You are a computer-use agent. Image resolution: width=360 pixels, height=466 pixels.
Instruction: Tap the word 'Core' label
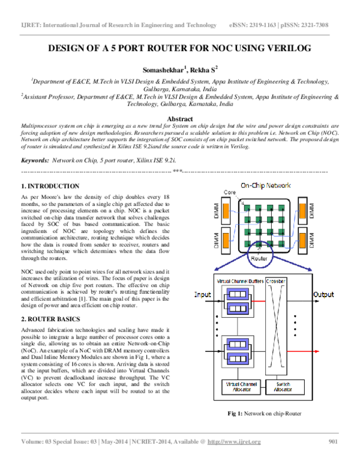(x=230, y=192)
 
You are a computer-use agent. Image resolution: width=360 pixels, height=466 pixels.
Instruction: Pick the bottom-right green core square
(x=281, y=244)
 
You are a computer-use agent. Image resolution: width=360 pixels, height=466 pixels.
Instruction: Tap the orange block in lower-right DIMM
(x=303, y=240)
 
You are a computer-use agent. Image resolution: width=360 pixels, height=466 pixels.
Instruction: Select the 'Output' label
(x=324, y=295)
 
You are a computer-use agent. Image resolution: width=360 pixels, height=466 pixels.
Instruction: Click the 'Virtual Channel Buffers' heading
(x=238, y=281)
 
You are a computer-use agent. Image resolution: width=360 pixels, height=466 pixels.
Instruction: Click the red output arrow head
(x=317, y=351)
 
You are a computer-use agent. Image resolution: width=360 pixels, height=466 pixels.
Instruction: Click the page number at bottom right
(x=334, y=442)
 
